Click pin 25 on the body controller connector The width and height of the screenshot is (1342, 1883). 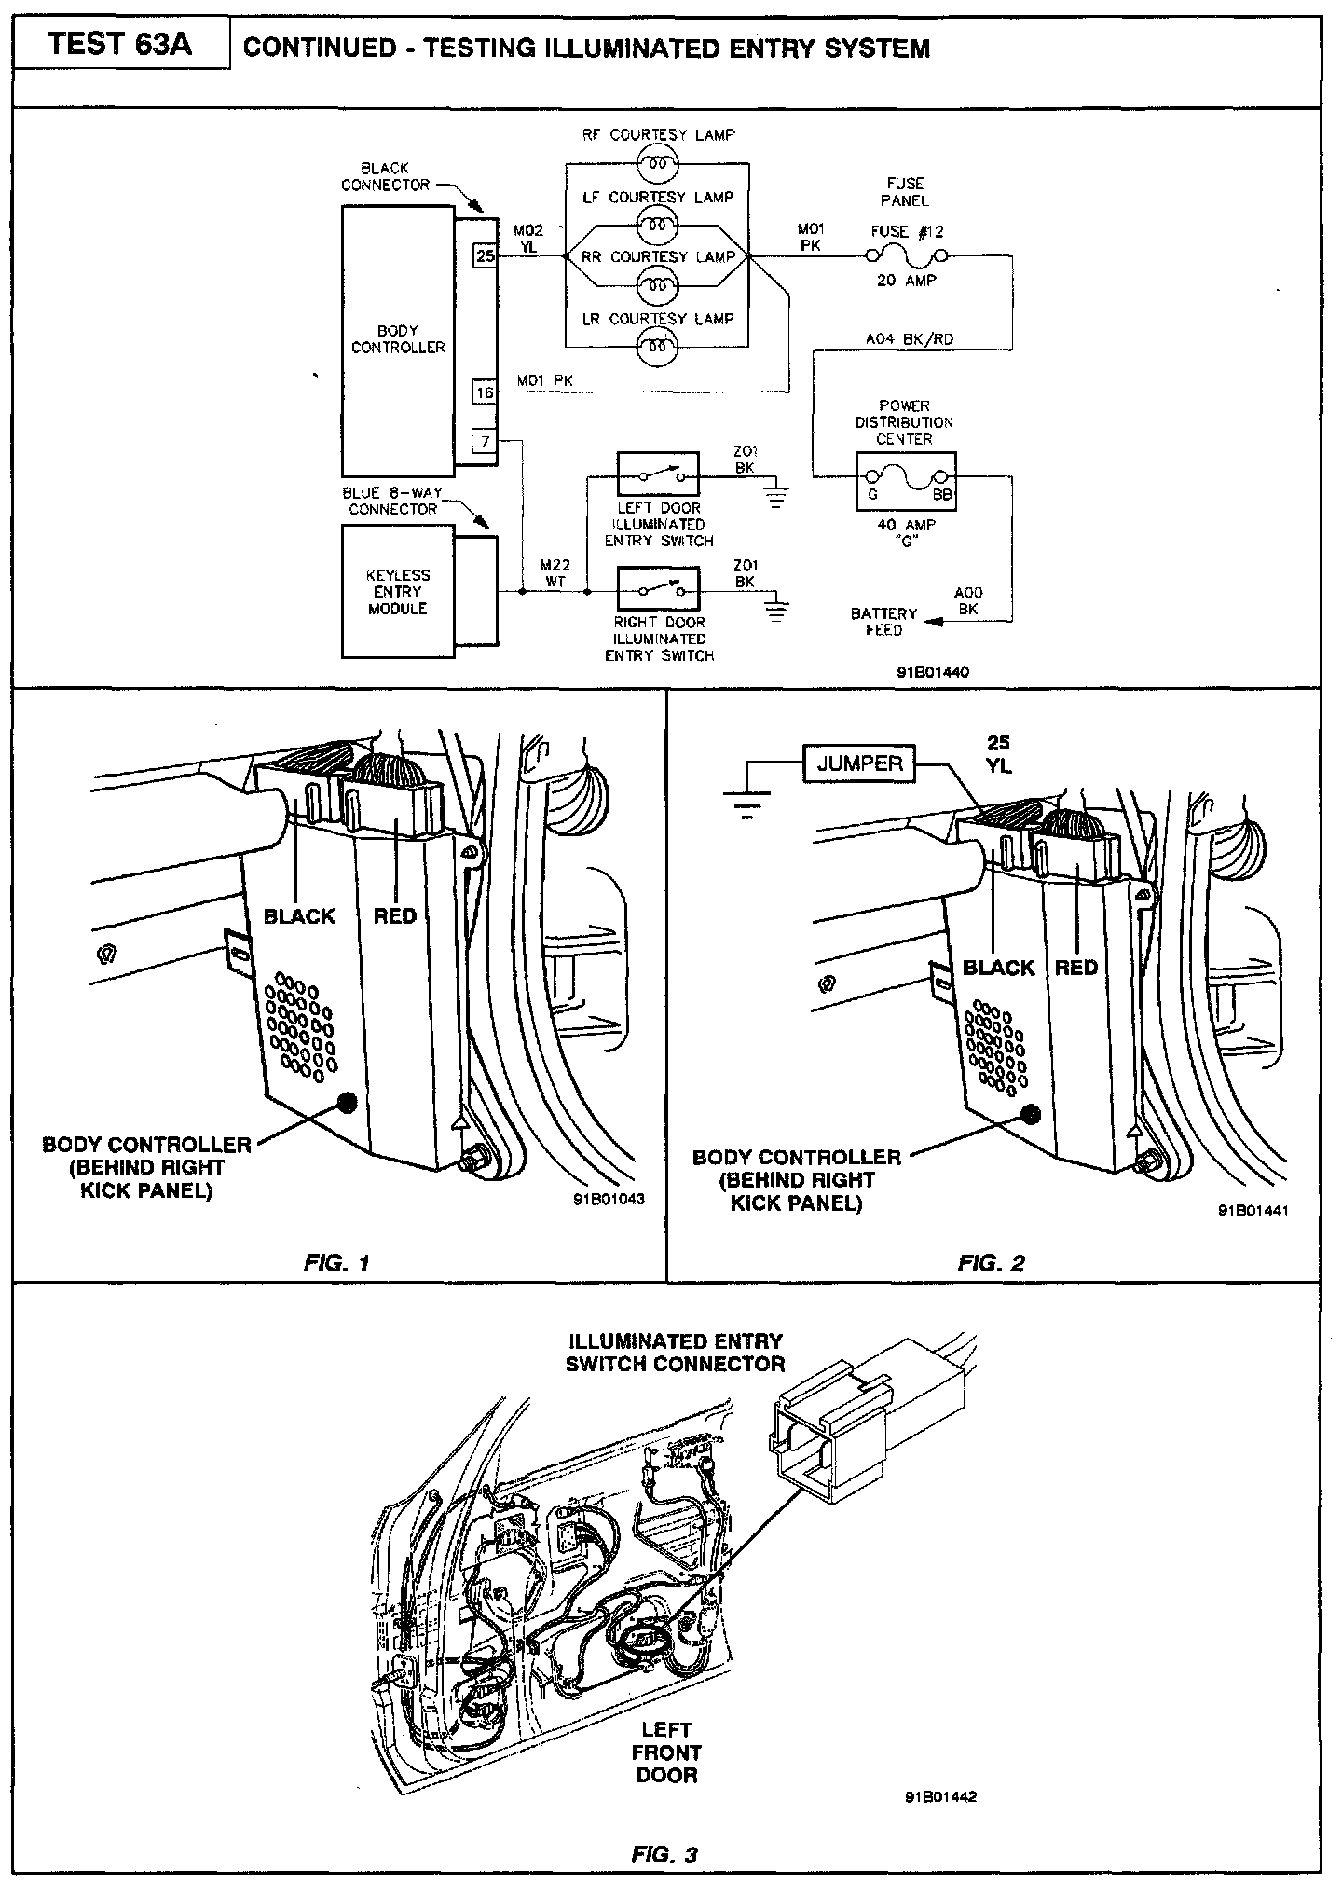coord(485,255)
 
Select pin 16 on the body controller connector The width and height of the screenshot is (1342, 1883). coord(485,393)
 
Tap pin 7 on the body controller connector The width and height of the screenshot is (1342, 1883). coord(485,440)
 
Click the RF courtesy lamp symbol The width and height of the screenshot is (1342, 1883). coord(656,165)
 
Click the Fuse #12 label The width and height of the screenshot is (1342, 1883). coord(907,232)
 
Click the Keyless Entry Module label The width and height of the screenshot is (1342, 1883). coord(398,592)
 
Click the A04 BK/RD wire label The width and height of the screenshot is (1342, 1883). coord(910,340)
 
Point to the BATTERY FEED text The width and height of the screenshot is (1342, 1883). coord(883,622)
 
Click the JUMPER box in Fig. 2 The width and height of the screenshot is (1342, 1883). coord(859,764)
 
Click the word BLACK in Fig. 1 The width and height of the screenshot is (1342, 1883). coord(299,916)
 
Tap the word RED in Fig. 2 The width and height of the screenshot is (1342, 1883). coord(1076,968)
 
